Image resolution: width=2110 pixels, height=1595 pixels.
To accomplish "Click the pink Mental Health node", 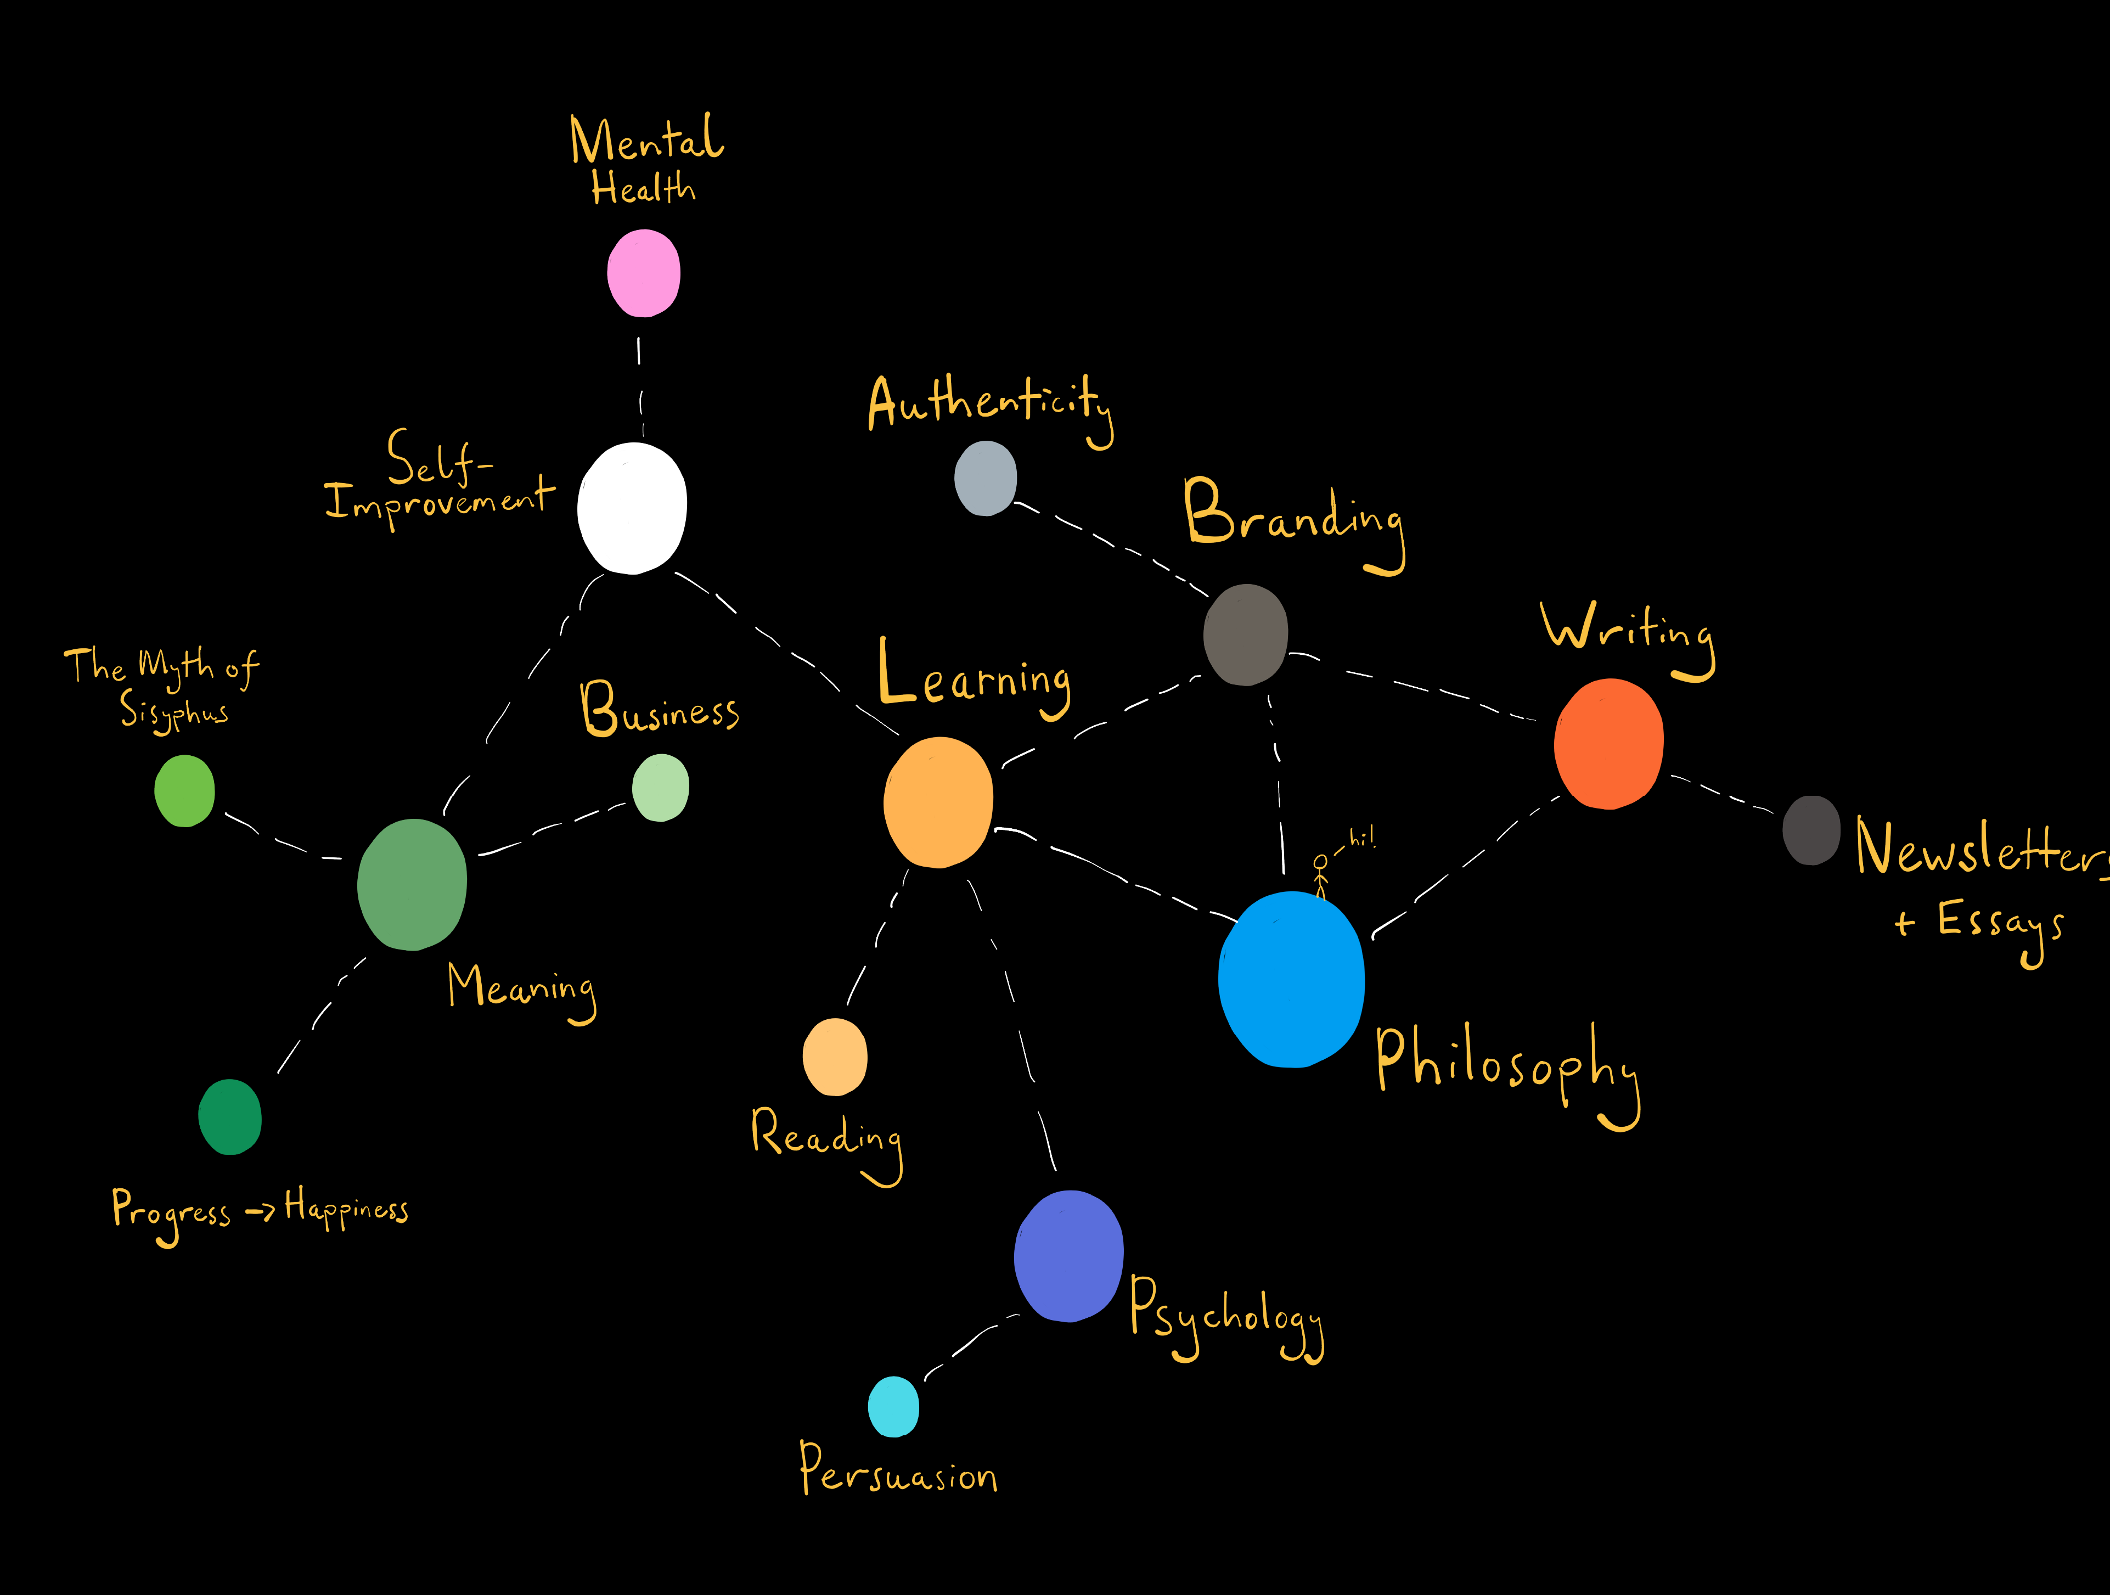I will tap(644, 273).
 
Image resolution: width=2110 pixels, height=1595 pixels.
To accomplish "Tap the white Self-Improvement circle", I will tap(632, 508).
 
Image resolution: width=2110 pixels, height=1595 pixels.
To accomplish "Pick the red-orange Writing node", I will tap(1608, 743).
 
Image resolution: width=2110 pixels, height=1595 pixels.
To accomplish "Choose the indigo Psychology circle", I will tap(1068, 1255).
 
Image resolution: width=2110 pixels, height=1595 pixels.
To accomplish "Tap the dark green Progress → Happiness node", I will tap(230, 1116).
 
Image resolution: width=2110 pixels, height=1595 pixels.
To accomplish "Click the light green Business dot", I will tap(660, 787).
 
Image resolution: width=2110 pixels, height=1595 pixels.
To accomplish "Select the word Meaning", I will tap(521, 989).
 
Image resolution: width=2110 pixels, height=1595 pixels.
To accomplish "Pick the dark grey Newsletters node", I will tap(1810, 830).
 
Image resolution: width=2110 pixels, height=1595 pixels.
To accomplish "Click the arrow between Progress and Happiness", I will tap(260, 1211).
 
